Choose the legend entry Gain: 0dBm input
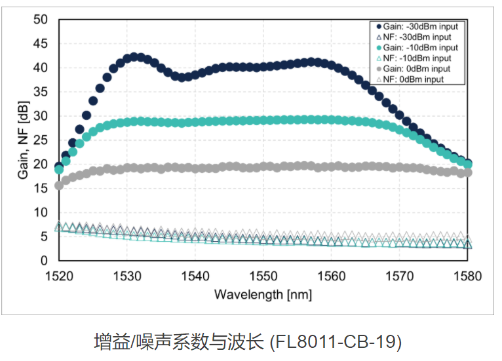(416, 69)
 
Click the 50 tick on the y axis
(41, 20)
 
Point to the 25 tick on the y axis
(41, 140)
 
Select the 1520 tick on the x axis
(59, 276)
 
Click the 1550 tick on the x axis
(263, 276)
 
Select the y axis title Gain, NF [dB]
(22, 140)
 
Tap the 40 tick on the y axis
(41, 67)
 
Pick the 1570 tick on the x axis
(399, 276)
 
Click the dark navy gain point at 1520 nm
(59, 166)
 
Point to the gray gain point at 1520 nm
(59, 185)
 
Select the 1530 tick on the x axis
(127, 276)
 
